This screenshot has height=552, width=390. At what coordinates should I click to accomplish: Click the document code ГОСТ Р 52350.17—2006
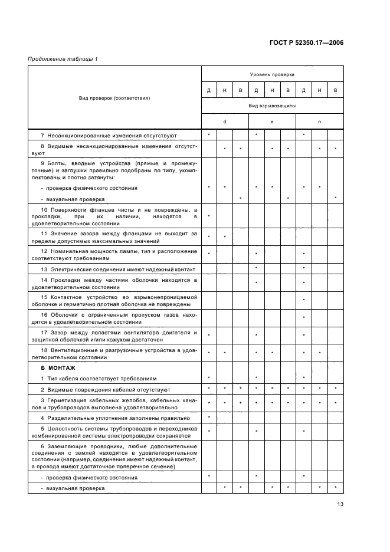(309, 43)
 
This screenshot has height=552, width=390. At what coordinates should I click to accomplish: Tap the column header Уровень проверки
(272, 74)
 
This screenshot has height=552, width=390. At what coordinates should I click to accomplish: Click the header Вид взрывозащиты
(272, 106)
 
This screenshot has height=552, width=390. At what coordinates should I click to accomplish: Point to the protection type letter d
(225, 121)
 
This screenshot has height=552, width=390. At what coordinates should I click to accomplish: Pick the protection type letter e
(272, 121)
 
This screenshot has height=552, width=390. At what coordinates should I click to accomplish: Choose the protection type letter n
(319, 121)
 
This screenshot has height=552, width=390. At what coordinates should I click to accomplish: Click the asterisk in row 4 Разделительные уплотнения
(209, 418)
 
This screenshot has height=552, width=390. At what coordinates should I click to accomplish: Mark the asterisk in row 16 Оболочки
(303, 317)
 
